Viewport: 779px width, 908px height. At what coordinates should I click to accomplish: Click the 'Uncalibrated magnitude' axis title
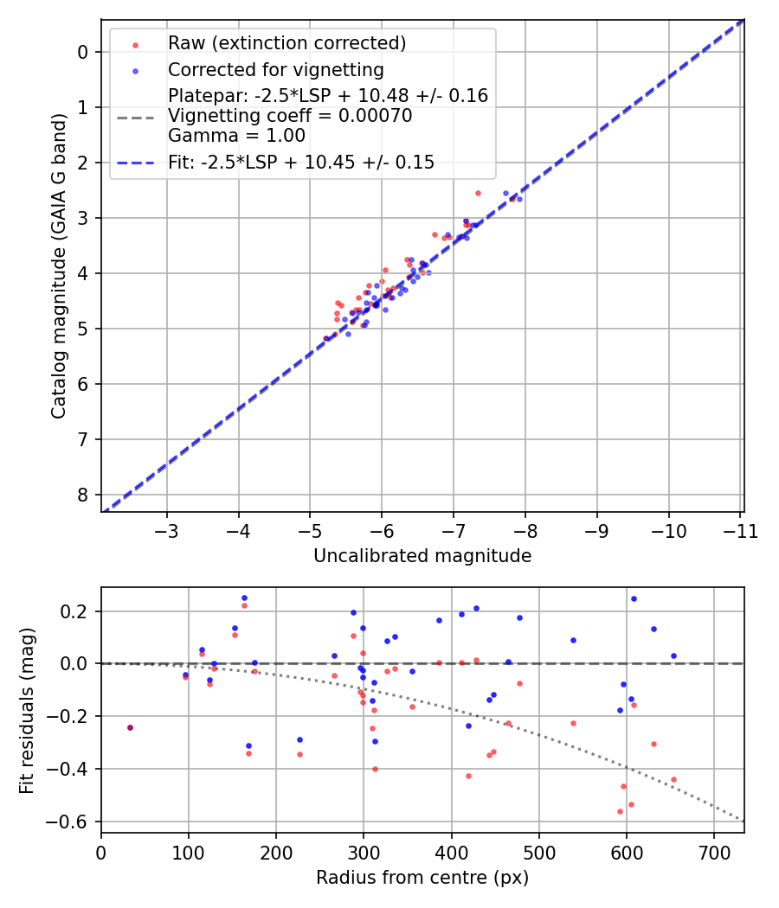click(422, 556)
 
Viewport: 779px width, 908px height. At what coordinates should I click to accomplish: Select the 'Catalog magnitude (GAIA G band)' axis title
click(58, 265)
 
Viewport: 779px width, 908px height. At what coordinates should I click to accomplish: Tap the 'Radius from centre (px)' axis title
click(422, 878)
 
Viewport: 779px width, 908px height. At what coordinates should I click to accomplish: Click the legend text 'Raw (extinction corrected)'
click(287, 43)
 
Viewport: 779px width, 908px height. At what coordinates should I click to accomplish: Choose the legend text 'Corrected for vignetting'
click(276, 69)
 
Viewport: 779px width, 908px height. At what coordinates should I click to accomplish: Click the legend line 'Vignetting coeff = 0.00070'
click(290, 116)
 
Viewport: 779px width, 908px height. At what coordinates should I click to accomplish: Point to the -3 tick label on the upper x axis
click(167, 530)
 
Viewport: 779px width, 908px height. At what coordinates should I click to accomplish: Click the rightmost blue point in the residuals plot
click(673, 655)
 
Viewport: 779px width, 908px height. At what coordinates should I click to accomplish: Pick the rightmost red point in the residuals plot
click(673, 779)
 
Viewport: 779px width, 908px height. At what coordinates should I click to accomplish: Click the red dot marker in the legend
click(135, 44)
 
